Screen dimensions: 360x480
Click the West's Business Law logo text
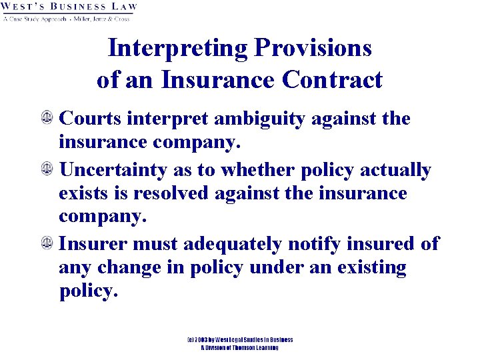click(x=69, y=8)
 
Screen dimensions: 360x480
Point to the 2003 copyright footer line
click(x=240, y=340)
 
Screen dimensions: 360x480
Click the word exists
click(x=84, y=193)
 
